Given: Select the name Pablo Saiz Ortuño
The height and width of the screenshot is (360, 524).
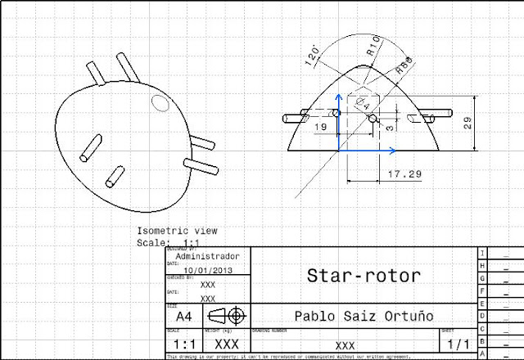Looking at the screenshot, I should (362, 315).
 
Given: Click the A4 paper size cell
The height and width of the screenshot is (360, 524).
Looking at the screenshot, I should (185, 316).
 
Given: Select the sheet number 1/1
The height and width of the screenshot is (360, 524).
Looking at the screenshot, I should (456, 344).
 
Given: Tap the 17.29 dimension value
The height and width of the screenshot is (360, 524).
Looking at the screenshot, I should (404, 174).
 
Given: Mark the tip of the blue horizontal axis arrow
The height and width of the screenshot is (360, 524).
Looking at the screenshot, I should (396, 151).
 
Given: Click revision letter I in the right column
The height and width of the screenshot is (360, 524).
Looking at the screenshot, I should (483, 253).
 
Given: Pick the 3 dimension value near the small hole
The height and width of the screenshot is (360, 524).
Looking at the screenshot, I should (391, 127).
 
